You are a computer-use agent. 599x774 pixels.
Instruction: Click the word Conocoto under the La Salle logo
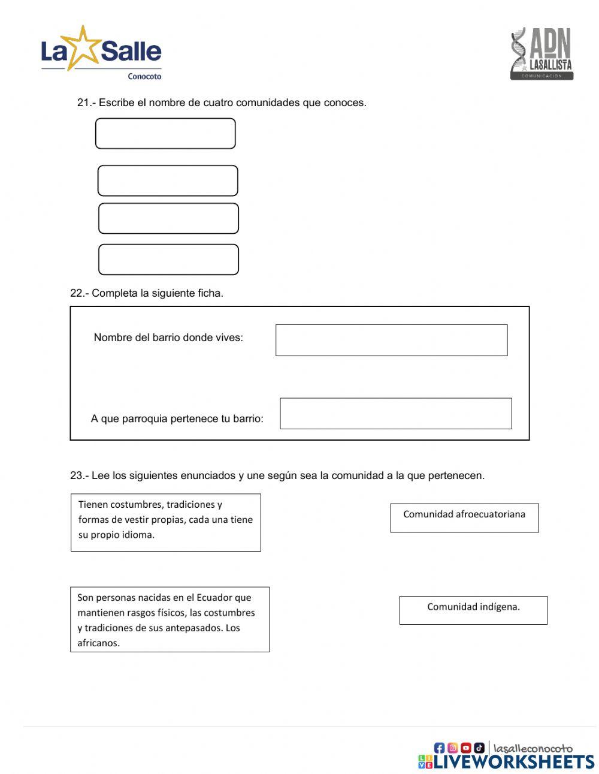click(x=144, y=77)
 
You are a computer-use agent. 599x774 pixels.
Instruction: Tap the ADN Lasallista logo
click(x=541, y=54)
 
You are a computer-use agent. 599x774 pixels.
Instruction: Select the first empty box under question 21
click(x=165, y=133)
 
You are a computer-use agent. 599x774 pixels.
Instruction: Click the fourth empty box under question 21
click(x=168, y=259)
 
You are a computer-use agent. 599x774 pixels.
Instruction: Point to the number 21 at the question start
click(x=83, y=103)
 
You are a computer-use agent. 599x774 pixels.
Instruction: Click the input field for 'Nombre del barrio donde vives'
click(x=391, y=340)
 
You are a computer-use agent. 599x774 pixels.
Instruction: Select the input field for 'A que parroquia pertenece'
click(x=395, y=413)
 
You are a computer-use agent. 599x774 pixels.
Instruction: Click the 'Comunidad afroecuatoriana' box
click(x=464, y=517)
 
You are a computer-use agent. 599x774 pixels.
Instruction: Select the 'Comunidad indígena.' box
click(x=473, y=610)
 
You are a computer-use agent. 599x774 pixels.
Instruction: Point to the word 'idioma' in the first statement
click(x=138, y=535)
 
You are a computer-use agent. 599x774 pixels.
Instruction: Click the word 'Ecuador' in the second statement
click(x=214, y=597)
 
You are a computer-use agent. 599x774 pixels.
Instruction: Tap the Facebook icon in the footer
click(x=439, y=748)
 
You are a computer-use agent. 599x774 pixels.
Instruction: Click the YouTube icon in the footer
click(x=465, y=748)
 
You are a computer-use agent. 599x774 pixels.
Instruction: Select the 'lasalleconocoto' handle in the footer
click(x=533, y=748)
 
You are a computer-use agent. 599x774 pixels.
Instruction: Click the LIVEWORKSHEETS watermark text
click(x=513, y=761)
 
